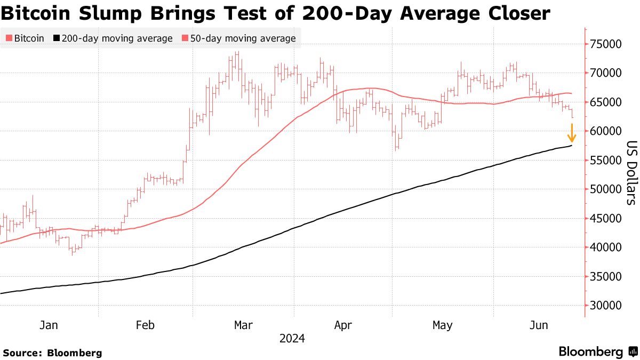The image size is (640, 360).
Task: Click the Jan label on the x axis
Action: click(x=49, y=325)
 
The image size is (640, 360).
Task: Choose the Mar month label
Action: click(x=244, y=325)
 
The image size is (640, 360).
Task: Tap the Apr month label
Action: click(x=343, y=325)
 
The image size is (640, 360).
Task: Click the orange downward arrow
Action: click(x=572, y=133)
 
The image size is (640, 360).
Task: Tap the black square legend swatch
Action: click(x=56, y=38)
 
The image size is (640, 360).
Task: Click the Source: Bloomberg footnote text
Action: click(x=52, y=353)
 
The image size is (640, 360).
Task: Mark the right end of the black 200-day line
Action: click(x=572, y=146)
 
